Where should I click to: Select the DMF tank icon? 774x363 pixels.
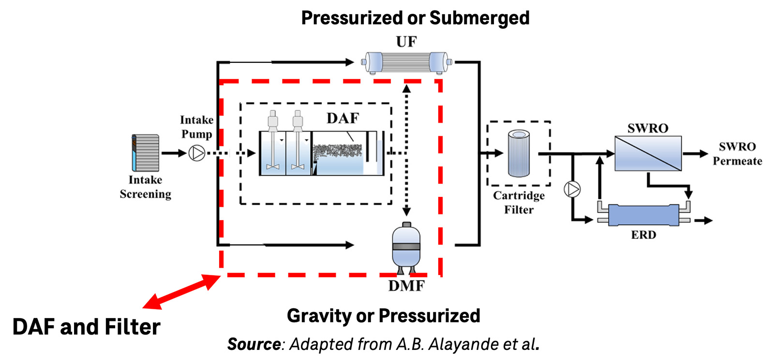(406, 247)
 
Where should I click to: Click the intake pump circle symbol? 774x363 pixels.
(196, 153)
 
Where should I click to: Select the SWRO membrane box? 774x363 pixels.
(648, 153)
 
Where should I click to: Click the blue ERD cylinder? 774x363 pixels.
(643, 215)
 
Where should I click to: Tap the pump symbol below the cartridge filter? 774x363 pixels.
(572, 189)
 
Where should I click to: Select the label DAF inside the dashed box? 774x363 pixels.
(343, 118)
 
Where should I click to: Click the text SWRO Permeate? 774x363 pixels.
(737, 154)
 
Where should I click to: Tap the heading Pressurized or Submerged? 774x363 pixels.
(415, 18)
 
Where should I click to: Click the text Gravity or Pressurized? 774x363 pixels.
(383, 316)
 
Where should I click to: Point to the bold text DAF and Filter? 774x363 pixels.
(86, 327)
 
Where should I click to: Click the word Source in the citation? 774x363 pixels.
(253, 344)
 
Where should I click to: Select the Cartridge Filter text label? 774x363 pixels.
(519, 202)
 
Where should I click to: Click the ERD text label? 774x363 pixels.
(643, 235)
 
